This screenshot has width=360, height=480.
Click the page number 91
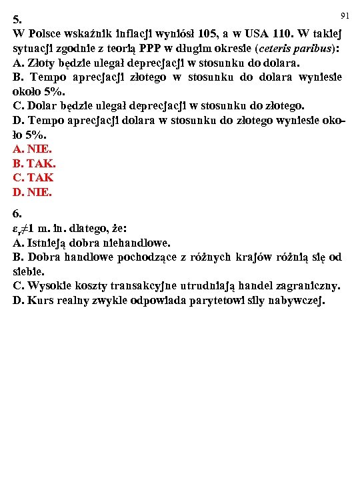pyautogui.click(x=345, y=15)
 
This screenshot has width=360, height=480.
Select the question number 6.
pyautogui.click(x=17, y=215)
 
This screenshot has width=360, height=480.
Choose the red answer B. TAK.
pyautogui.click(x=34, y=163)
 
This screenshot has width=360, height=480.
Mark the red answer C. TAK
pyautogui.click(x=33, y=177)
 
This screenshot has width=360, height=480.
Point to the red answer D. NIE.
pyautogui.click(x=32, y=192)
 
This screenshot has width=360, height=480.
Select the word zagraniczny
pyautogui.click(x=305, y=286)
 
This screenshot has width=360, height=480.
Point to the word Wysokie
pyautogui.click(x=49, y=286)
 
